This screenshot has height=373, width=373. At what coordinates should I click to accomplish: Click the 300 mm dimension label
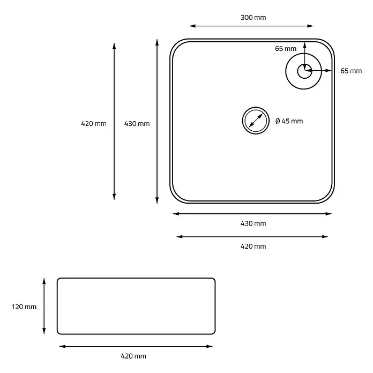coord(253,18)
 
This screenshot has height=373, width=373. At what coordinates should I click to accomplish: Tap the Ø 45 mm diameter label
coord(289,121)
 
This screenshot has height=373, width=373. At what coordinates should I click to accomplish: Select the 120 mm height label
coord(24,307)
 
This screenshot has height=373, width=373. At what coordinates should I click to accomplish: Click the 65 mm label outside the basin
coord(351,71)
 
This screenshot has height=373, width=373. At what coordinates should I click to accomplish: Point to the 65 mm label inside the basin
coord(286,49)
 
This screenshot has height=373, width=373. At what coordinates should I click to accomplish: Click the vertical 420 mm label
coord(94,124)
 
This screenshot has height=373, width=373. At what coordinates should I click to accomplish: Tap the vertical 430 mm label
coord(137,124)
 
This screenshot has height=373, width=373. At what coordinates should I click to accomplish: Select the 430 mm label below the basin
coord(253,223)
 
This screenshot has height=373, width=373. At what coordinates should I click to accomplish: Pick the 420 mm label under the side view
coord(133,356)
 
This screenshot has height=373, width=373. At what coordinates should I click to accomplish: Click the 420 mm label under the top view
coord(253,246)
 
